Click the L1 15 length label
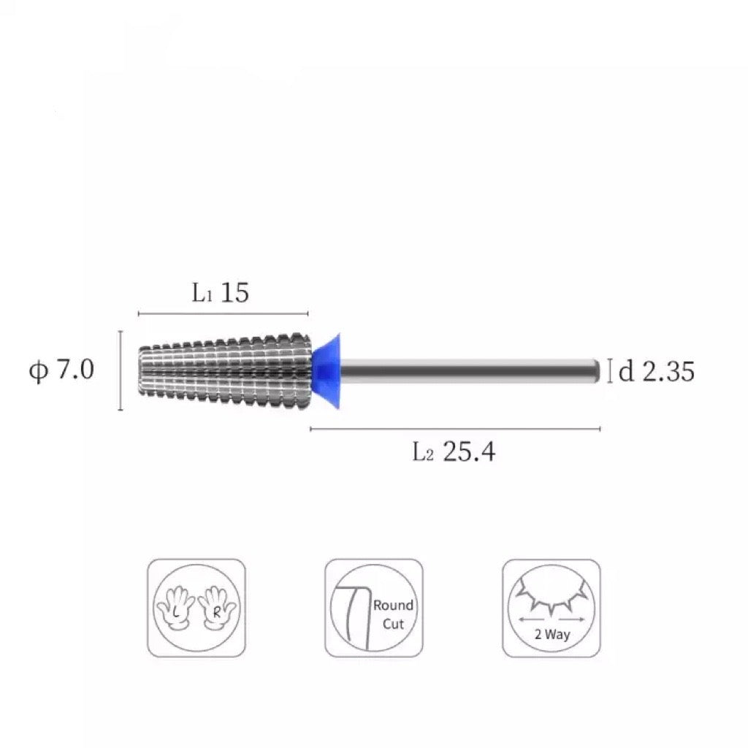click(220, 292)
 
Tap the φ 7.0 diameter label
click(61, 370)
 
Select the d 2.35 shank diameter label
click(657, 371)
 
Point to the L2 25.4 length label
click(454, 451)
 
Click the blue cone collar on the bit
click(327, 371)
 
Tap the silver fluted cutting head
click(225, 371)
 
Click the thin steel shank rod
click(470, 370)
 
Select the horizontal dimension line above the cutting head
click(224, 313)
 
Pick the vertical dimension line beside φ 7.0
click(121, 370)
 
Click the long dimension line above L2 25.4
click(455, 429)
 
